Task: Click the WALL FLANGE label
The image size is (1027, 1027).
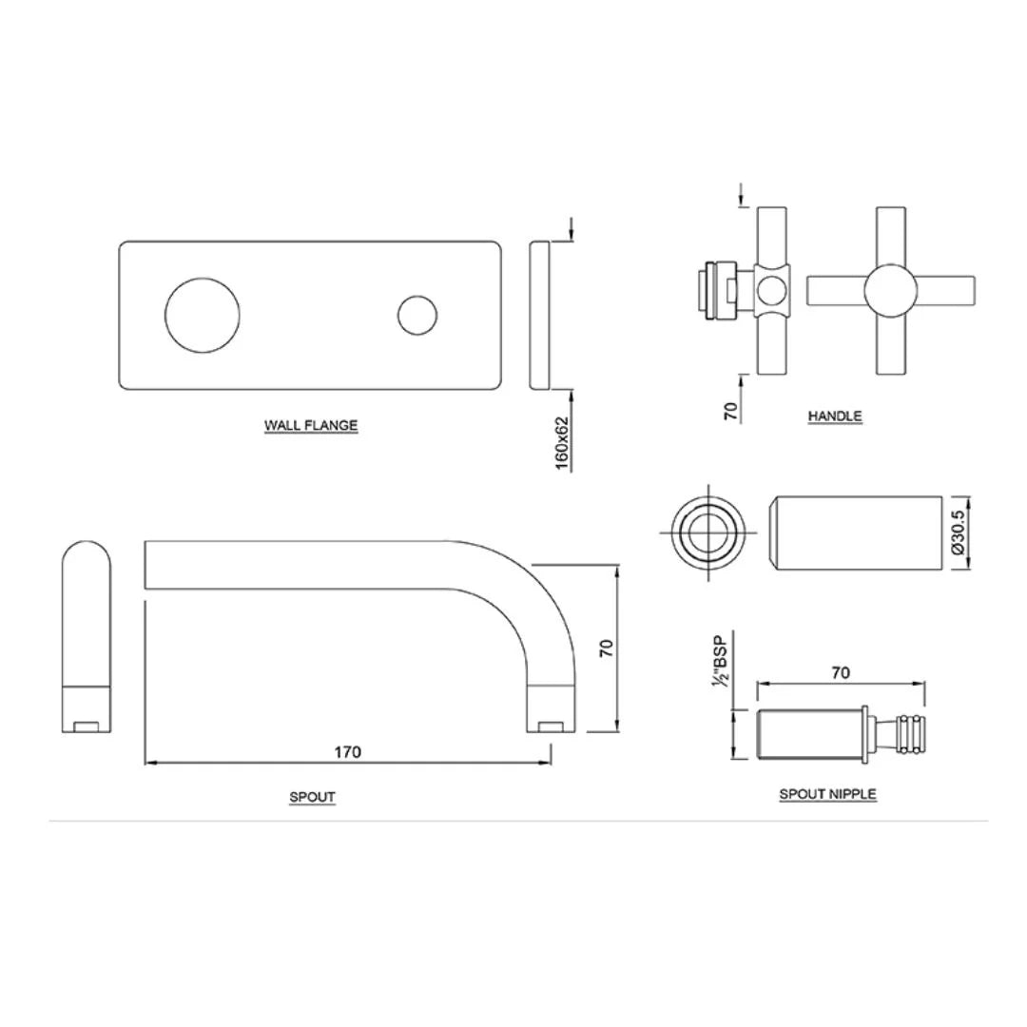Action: pos(311,425)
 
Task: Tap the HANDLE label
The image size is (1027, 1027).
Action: pos(834,416)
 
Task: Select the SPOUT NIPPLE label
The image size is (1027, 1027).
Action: pos(827,794)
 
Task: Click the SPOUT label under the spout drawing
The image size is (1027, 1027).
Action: pos(312,797)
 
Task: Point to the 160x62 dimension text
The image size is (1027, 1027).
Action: pos(562,442)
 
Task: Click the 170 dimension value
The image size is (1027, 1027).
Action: pos(347,752)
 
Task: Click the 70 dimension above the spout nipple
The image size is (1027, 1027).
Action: pos(841,673)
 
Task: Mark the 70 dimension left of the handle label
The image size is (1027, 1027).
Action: pos(731,411)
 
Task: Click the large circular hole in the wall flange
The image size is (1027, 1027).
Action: pos(202,316)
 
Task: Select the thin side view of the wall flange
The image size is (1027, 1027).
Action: pos(539,316)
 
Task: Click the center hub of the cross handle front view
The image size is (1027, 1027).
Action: pos(890,290)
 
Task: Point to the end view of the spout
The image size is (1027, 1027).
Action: pos(86,637)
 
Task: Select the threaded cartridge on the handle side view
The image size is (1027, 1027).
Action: pos(716,290)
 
